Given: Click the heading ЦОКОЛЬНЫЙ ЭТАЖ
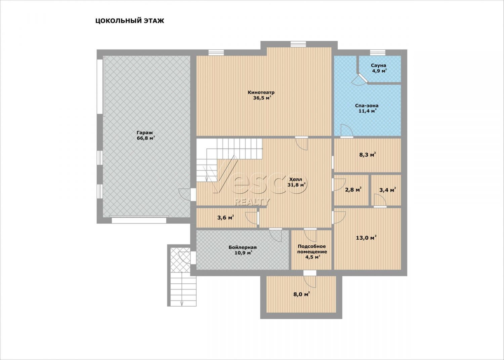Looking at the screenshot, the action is (130, 21).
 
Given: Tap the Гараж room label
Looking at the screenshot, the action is (145, 133).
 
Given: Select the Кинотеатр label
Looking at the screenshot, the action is (261, 92).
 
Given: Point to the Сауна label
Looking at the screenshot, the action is (378, 65).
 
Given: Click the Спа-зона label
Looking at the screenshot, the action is (367, 105).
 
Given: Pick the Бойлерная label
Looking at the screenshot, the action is (243, 247).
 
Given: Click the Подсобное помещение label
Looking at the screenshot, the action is (312, 249).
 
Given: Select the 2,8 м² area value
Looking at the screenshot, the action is (353, 190).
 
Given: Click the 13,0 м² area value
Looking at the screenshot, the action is (366, 238).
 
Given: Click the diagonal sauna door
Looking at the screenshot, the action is (362, 77).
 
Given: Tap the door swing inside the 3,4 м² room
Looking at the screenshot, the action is (380, 200).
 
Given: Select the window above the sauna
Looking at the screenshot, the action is (378, 52).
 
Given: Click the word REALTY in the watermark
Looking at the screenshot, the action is (252, 202).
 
